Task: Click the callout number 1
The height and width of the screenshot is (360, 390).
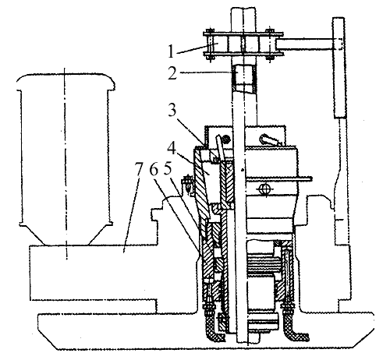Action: (171, 51)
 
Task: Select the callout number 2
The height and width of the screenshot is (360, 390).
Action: (172, 73)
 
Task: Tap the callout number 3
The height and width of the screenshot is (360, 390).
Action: (172, 111)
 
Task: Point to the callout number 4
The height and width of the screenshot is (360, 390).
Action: (172, 150)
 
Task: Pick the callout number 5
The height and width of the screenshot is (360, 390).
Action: (168, 169)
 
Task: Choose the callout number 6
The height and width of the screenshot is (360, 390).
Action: (154, 169)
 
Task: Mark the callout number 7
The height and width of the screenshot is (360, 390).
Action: (139, 169)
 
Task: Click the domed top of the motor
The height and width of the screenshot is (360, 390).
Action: (66, 81)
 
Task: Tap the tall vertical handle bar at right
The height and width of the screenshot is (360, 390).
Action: (339, 68)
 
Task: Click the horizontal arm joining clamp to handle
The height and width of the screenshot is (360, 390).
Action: (306, 44)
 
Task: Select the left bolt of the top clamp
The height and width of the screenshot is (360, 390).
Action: (210, 44)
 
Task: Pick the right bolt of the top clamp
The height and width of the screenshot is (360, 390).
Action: (270, 44)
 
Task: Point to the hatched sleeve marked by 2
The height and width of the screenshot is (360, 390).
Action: (243, 78)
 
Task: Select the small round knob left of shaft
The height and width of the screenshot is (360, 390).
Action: (225, 139)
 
